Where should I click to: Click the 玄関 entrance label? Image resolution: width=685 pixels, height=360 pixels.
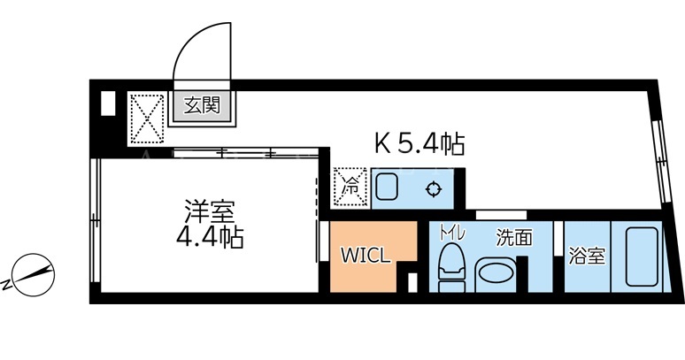tap(202, 105)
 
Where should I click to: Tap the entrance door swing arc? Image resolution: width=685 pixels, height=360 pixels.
tap(188, 42)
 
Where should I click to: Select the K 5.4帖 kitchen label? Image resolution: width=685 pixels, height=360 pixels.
tap(419, 143)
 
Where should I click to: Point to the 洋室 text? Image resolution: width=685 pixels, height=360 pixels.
tap(210, 212)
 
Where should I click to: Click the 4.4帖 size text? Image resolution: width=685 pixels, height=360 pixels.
tap(210, 237)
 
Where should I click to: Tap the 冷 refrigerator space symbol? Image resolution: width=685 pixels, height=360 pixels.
tap(350, 187)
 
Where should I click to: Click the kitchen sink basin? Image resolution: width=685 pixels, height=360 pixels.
tap(386, 187)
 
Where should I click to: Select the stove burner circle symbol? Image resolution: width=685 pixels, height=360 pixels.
tap(434, 189)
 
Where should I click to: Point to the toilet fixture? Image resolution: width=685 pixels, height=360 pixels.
tap(451, 267)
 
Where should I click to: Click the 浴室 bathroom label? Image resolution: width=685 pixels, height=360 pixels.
tap(587, 257)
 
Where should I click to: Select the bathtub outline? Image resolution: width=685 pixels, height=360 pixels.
tap(642, 257)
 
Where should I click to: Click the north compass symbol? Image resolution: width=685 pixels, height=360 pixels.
tap(31, 272)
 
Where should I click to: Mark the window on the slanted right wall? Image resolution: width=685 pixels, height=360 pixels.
tap(659, 161)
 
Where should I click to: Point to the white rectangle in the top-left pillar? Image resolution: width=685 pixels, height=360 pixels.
tap(108, 103)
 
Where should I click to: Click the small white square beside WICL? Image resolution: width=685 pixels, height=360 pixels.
tap(412, 282)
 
